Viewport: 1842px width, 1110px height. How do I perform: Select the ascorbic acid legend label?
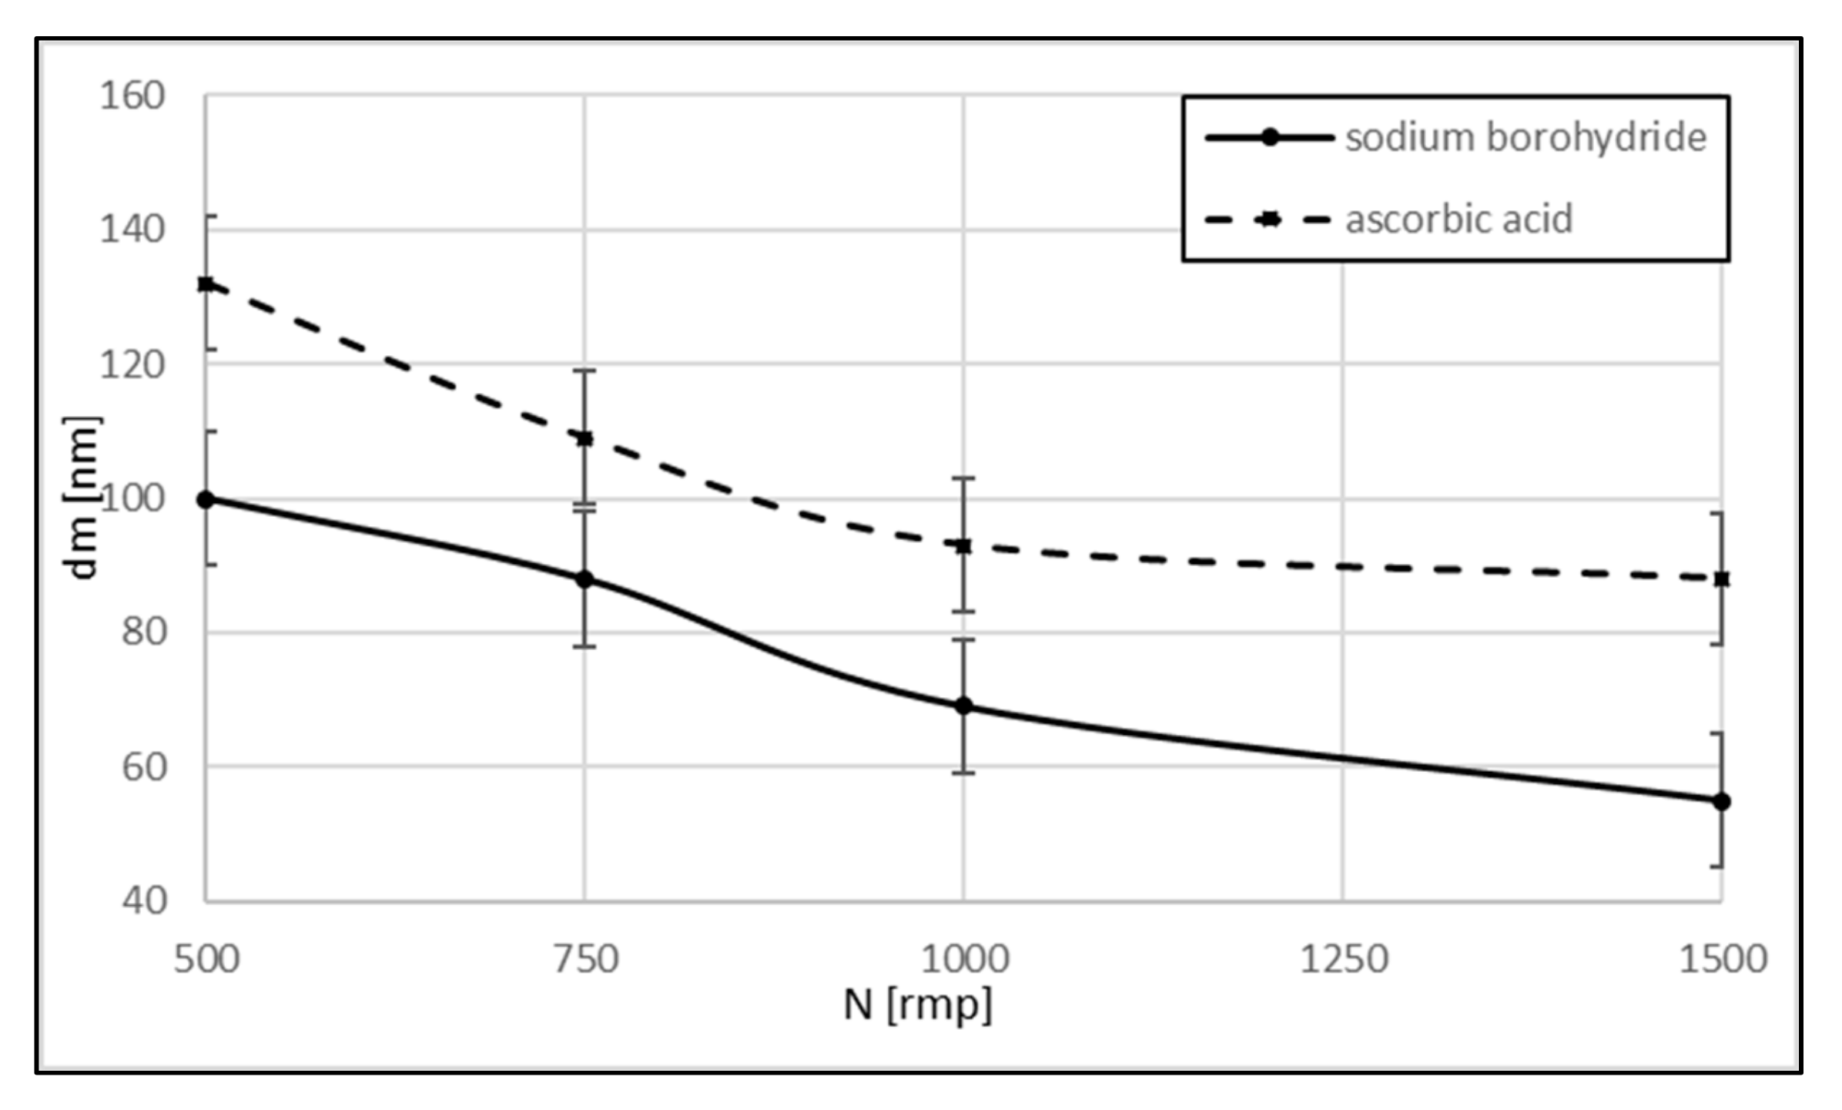1458,220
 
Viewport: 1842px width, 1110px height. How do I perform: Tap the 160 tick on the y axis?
132,96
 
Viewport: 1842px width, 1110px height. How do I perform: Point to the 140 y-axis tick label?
132,229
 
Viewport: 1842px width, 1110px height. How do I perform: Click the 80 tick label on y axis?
143,632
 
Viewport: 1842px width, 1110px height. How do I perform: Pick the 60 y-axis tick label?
143,767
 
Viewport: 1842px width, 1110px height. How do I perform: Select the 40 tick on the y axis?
143,900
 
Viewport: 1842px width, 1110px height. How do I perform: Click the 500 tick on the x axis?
206,960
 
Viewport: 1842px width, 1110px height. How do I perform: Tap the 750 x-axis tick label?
585,960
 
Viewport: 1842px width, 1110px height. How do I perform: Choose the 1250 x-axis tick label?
1343,960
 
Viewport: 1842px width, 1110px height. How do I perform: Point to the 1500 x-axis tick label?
1722,960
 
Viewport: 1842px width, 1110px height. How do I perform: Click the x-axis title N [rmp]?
917,1005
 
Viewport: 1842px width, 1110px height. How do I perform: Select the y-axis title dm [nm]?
82,498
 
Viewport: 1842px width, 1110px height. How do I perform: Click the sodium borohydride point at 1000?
963,706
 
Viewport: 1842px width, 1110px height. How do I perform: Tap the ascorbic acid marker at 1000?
963,546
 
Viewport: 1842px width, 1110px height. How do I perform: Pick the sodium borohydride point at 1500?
1721,802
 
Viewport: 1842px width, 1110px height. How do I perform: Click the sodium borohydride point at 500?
206,500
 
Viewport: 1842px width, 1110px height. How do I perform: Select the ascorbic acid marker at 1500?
1721,578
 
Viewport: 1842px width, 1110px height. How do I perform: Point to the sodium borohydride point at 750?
584,579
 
